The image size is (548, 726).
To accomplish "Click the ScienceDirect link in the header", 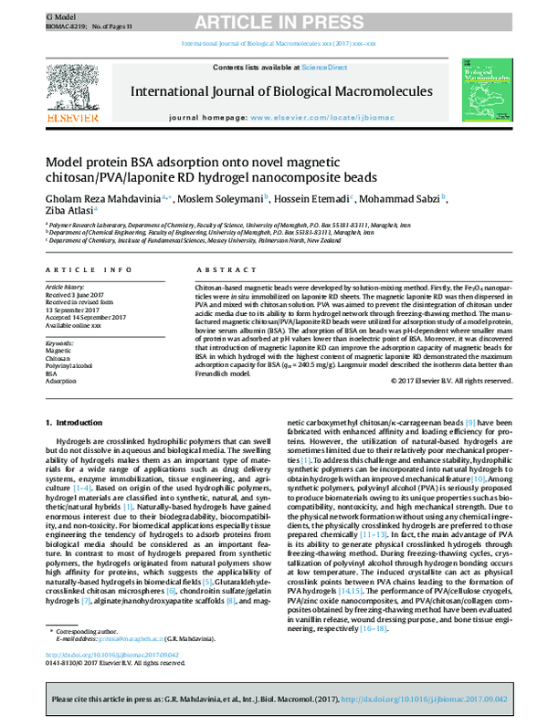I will click(x=321, y=68).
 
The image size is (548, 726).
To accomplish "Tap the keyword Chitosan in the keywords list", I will click(x=58, y=357).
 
